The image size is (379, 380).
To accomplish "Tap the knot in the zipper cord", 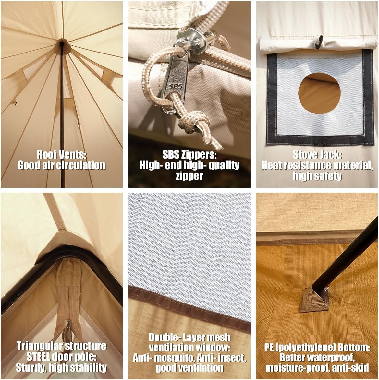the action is (194, 121).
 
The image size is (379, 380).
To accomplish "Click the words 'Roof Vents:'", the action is (62, 155).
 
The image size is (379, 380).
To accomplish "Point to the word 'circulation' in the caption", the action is (81, 165).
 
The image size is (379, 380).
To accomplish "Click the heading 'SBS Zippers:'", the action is (189, 154).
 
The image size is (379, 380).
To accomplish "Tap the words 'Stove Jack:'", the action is (317, 155).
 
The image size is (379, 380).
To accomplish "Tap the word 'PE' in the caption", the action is (269, 347).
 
